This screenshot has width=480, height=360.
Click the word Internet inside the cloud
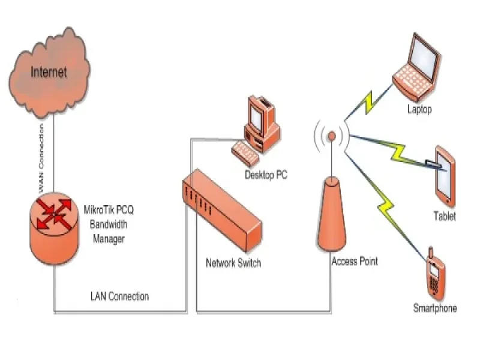(x=49, y=73)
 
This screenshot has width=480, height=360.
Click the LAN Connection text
(x=119, y=296)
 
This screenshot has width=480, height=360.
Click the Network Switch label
(x=233, y=263)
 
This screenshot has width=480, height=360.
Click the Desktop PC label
(x=265, y=175)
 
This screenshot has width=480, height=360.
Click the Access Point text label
(x=355, y=262)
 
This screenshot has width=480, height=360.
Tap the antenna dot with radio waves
(x=331, y=136)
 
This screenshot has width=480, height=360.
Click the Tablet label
(x=444, y=216)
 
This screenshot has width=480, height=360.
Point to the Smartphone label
(x=435, y=308)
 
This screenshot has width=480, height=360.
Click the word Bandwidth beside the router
(x=109, y=224)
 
